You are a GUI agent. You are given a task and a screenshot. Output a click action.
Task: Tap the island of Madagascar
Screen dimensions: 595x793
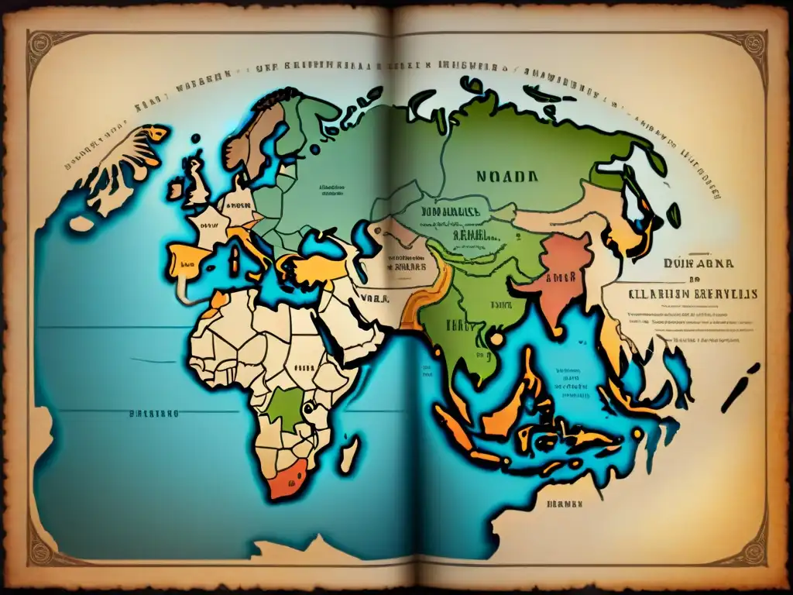point(350,453)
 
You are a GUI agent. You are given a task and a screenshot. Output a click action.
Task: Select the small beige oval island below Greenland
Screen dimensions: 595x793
point(81,224)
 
